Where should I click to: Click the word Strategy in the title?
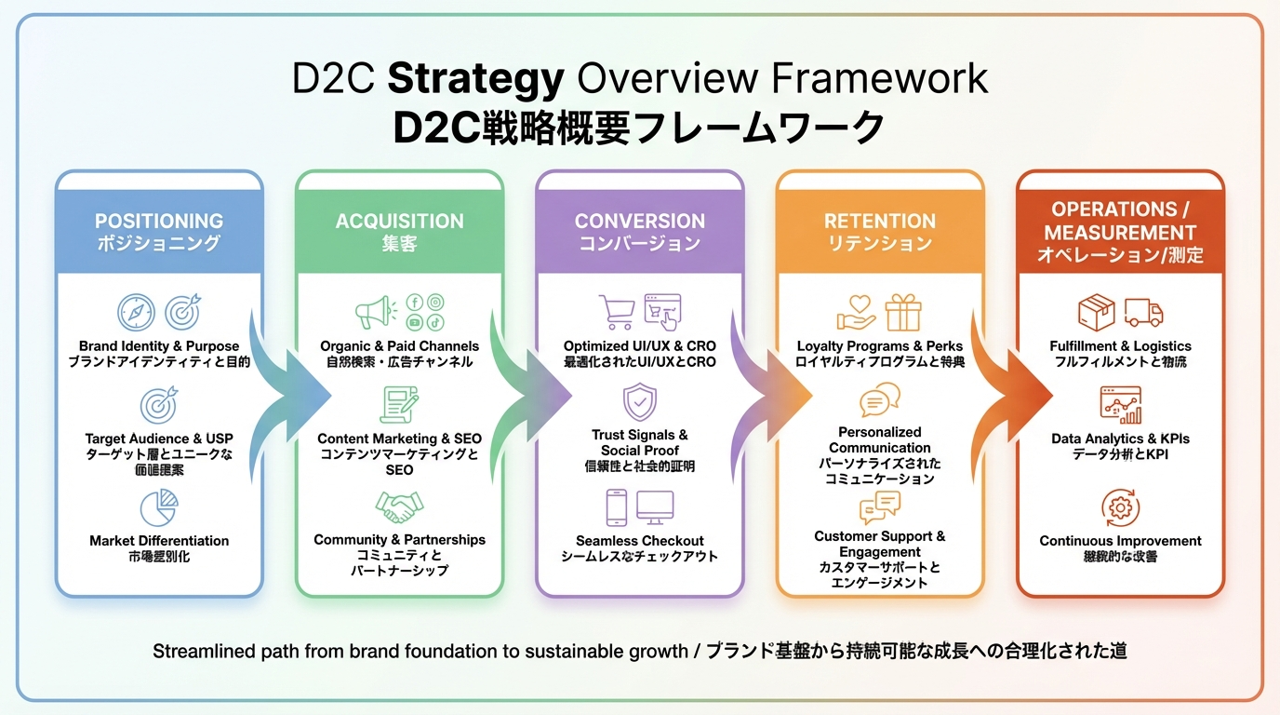(x=475, y=78)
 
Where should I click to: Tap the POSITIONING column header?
(x=159, y=222)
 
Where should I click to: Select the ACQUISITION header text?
(x=399, y=222)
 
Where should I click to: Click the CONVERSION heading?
(x=639, y=222)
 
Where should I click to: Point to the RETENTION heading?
(x=879, y=222)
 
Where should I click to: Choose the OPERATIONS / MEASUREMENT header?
(x=1120, y=221)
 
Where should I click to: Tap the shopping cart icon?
(x=616, y=312)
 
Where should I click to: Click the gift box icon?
(x=902, y=312)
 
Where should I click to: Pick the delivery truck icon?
(x=1143, y=312)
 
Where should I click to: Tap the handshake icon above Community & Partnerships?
(x=399, y=507)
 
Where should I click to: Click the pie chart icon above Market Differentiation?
(x=159, y=507)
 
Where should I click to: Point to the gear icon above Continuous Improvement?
(x=1120, y=507)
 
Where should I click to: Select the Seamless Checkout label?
(x=640, y=541)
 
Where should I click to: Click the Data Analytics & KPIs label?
(x=1120, y=438)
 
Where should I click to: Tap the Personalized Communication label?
(x=879, y=439)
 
